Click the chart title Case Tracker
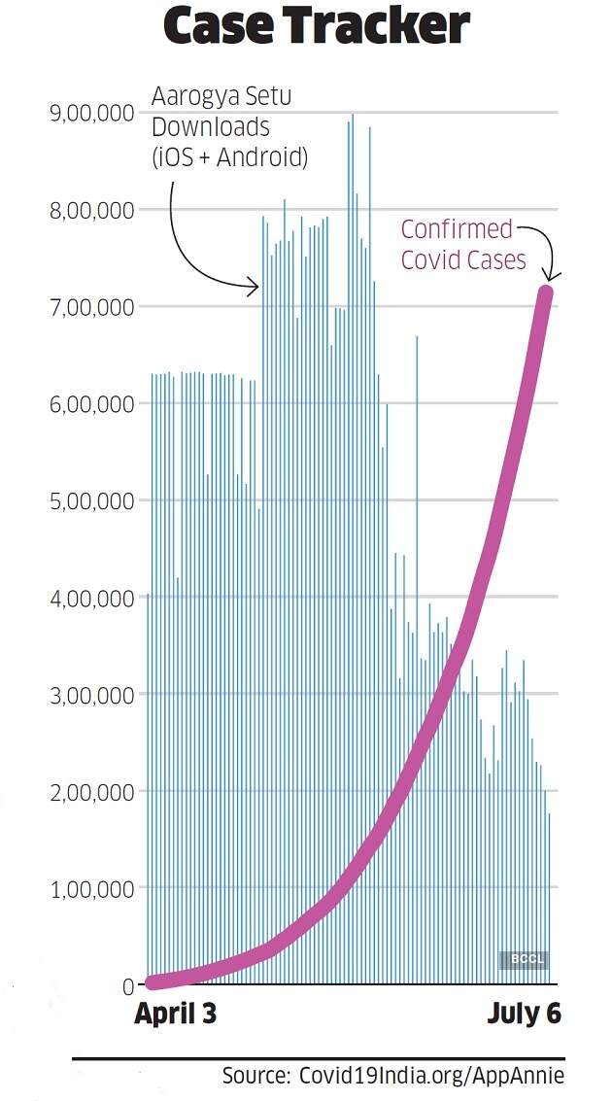point(317,27)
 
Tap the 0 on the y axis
point(127,986)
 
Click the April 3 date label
point(175,1015)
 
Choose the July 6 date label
point(524,1015)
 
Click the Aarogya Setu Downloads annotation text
point(228,127)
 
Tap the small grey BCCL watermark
point(525,960)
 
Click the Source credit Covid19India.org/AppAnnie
point(392,1076)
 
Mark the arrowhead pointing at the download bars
point(255,286)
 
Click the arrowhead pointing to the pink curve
point(550,276)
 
